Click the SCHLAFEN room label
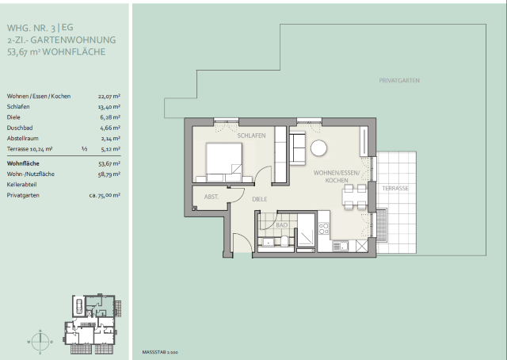pyautogui.click(x=251, y=136)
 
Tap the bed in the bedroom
pyautogui.click(x=223, y=162)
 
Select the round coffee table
pyautogui.click(x=318, y=148)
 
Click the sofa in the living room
pyautogui.click(x=298, y=148)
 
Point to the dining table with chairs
pyautogui.click(x=354, y=197)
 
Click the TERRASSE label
pyautogui.click(x=395, y=189)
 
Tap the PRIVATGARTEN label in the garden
pyautogui.click(x=399, y=81)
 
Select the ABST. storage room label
pyautogui.click(x=212, y=197)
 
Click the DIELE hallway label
pyautogui.click(x=260, y=199)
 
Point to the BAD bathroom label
pyautogui.click(x=282, y=225)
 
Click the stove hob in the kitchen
pyautogui.click(x=324, y=228)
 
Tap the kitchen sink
pyautogui.click(x=340, y=246)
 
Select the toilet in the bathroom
pyautogui.click(x=284, y=241)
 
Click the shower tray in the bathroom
pyautogui.click(x=306, y=230)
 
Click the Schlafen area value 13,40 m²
pyautogui.click(x=109, y=107)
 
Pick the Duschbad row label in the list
pyautogui.click(x=20, y=128)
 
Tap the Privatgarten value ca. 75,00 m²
pyautogui.click(x=105, y=195)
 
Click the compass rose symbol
pyautogui.click(x=40, y=342)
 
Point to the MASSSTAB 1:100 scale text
pyautogui.click(x=160, y=352)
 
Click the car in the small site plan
pyautogui.click(x=79, y=306)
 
